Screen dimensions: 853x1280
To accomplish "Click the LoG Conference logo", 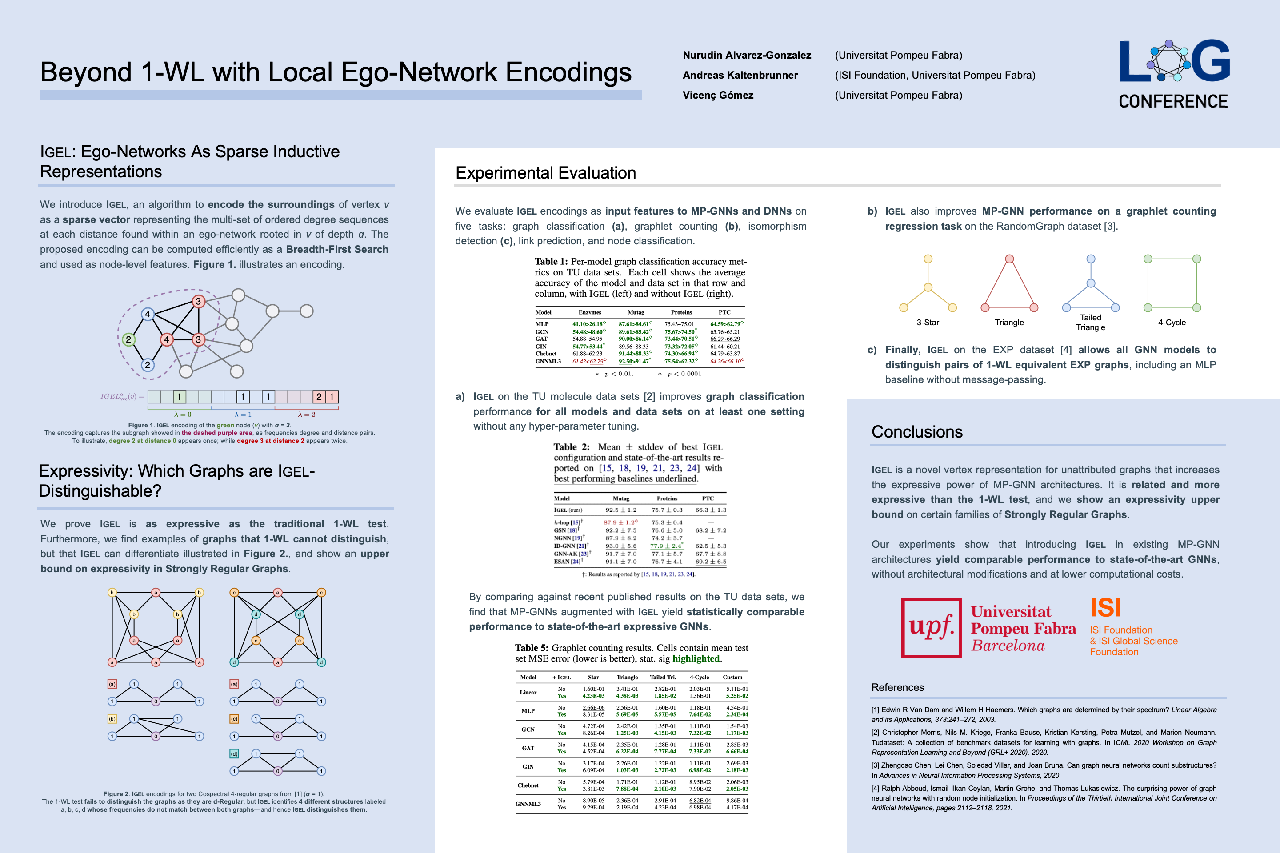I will [x=1174, y=73].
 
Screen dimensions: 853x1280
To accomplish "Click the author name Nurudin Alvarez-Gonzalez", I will [x=747, y=55].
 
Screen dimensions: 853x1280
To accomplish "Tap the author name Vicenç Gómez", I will [x=718, y=95].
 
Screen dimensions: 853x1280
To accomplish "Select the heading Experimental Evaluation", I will [x=545, y=173].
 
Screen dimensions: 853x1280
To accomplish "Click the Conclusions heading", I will [x=916, y=432].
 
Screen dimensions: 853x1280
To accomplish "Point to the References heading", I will [x=897, y=688].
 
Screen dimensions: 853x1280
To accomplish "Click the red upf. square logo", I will [x=931, y=628].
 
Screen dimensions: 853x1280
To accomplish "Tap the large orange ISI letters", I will [x=1105, y=608].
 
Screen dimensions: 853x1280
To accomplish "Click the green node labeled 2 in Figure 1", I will [x=128, y=339].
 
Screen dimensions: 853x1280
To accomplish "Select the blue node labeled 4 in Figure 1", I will [x=147, y=314].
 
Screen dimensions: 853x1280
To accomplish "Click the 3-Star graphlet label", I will [x=928, y=323].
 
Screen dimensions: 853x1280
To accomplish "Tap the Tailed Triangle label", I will [x=1090, y=322].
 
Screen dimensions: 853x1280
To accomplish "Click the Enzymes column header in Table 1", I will [x=590, y=312].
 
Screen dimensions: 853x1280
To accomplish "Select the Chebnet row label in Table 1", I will [x=546, y=354].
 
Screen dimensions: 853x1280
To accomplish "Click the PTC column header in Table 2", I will [x=708, y=498].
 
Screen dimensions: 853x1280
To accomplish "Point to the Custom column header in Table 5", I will [x=732, y=677].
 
